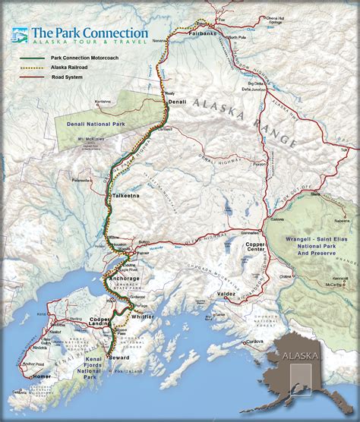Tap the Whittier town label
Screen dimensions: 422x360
145,316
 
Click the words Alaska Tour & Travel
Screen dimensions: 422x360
89,43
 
